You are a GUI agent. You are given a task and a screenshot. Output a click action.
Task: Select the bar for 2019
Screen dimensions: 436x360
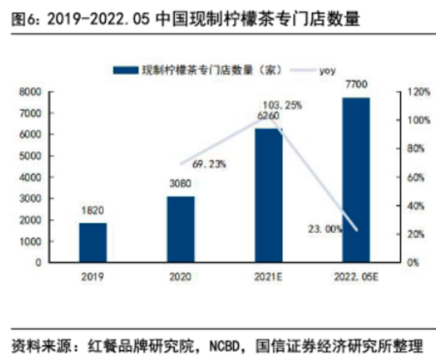(93, 242)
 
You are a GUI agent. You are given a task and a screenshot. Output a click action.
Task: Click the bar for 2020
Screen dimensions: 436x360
(181, 229)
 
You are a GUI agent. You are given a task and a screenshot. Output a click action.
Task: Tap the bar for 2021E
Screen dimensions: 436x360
(269, 195)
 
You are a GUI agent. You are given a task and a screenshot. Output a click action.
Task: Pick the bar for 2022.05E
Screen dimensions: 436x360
(356, 180)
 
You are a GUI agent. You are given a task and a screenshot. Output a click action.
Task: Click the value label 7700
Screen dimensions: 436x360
(356, 84)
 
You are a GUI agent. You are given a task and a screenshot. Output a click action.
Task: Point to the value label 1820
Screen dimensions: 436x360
(93, 210)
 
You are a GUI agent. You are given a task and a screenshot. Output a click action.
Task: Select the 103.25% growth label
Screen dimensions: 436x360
(282, 105)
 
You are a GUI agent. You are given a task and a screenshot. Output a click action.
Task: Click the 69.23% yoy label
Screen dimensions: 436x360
(209, 164)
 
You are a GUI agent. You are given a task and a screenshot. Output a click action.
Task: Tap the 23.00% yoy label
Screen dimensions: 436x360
(325, 229)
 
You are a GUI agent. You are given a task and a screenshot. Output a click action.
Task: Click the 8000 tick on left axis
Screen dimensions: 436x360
(30, 91)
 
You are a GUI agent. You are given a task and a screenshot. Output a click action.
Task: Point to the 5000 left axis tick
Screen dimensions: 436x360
(30, 156)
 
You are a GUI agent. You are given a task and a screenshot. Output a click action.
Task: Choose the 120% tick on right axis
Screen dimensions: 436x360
(419, 91)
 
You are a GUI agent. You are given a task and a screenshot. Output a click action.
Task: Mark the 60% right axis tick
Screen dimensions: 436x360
(416, 177)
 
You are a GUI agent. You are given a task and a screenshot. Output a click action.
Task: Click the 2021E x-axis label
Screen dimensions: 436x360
(268, 276)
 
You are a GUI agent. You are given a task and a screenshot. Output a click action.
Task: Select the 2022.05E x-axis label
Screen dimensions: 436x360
(356, 276)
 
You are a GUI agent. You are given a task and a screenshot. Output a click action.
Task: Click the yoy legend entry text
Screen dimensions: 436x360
(327, 71)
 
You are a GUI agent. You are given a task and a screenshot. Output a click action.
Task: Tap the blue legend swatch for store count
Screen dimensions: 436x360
(126, 70)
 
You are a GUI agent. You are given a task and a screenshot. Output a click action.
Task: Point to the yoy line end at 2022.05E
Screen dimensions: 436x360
(357, 230)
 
